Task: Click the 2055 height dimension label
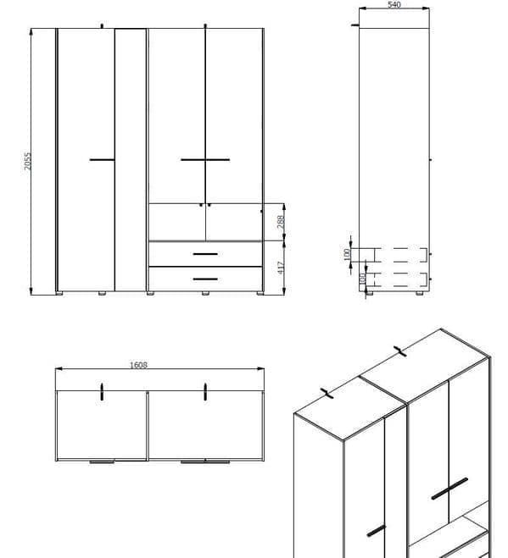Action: [x=27, y=161]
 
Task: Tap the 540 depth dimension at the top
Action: [x=394, y=4]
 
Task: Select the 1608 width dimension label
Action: [x=138, y=365]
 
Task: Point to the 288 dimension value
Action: [x=281, y=222]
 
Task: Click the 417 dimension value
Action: [x=281, y=268]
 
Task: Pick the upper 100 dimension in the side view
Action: [x=347, y=255]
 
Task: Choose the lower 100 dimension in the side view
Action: [x=362, y=279]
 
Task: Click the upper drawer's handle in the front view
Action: [x=205, y=254]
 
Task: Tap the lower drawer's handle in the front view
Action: [x=205, y=279]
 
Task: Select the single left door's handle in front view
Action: [x=102, y=160]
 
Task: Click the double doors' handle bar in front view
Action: [x=205, y=160]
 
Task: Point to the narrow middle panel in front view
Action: [x=131, y=160]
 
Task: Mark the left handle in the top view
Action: [x=102, y=392]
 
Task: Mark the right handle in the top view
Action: [x=205, y=392]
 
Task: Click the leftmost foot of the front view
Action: [x=59, y=293]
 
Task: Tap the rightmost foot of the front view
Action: [x=260, y=293]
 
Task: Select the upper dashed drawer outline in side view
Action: [x=400, y=255]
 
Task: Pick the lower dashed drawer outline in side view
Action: [x=400, y=279]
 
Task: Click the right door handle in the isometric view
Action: [x=449, y=489]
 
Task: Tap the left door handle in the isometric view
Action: [x=377, y=531]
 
